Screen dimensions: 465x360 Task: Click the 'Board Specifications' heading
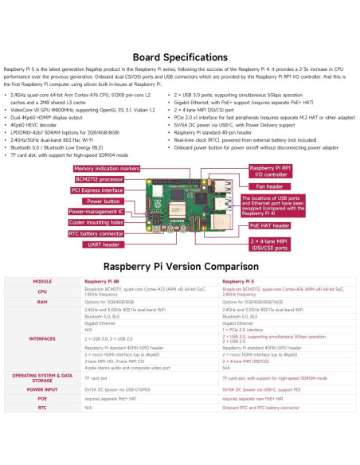click(180, 57)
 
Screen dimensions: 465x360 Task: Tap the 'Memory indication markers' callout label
click(106, 170)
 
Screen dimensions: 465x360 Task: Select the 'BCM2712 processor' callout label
click(98, 180)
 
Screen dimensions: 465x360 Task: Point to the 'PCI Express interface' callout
click(97, 191)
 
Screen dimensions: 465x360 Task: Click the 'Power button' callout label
click(88, 201)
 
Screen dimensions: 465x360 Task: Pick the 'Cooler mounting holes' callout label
click(96, 223)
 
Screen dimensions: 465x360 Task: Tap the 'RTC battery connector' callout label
click(96, 233)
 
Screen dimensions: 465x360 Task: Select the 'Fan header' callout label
click(270, 186)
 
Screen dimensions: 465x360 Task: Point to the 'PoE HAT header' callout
click(270, 225)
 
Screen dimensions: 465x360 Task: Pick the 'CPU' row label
click(42, 292)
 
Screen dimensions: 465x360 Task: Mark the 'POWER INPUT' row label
click(42, 390)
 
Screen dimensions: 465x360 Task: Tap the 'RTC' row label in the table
click(42, 407)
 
